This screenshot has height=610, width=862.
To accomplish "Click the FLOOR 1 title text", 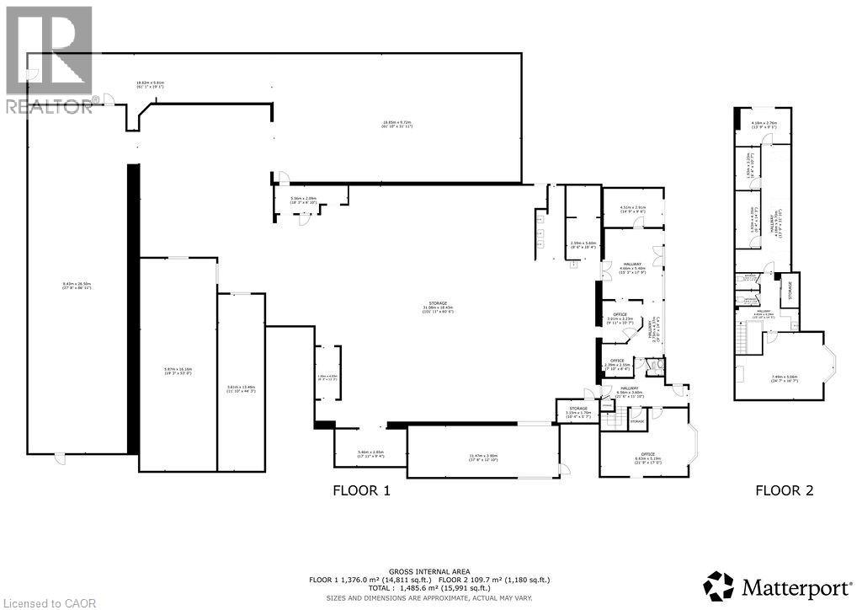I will (361, 490).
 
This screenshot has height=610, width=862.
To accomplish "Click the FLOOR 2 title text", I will (784, 490).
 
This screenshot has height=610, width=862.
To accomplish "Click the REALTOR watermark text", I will (48, 106).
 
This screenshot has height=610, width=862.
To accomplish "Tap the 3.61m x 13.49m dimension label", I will (241, 388).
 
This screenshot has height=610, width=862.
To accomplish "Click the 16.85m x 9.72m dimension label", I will (396, 125).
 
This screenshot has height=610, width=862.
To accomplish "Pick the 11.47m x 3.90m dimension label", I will (482, 457).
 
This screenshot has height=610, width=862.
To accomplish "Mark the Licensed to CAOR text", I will (40, 602).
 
